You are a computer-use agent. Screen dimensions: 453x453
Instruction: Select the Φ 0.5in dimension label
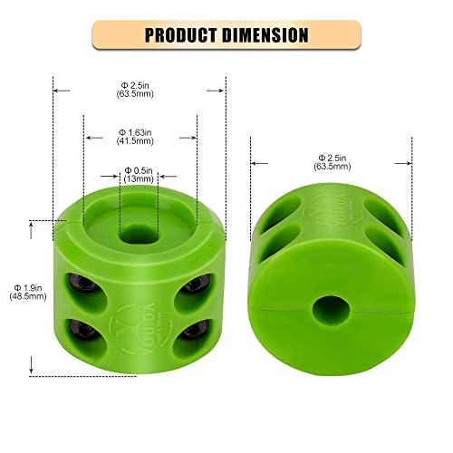click(x=140, y=169)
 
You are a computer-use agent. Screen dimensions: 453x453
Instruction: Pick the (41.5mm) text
click(x=140, y=142)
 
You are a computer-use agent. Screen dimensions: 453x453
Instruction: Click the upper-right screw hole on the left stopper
click(x=191, y=286)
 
